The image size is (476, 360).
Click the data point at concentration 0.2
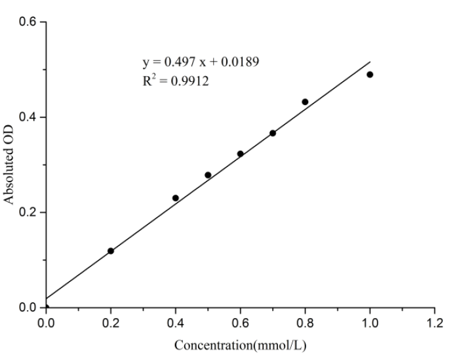pyautogui.click(x=111, y=251)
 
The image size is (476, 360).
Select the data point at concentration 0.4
pyautogui.click(x=176, y=198)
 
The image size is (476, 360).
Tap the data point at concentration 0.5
pyautogui.click(x=208, y=175)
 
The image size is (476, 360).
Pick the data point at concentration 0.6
pyautogui.click(x=240, y=153)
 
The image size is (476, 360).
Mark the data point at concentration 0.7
pyautogui.click(x=273, y=133)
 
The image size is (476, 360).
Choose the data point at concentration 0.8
pyautogui.click(x=305, y=102)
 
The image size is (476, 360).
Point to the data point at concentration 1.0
pyautogui.click(x=370, y=75)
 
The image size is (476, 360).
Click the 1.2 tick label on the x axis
pyautogui.click(x=435, y=322)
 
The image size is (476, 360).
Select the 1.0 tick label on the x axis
pyautogui.click(x=370, y=322)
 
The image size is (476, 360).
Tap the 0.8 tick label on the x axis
pyautogui.click(x=305, y=322)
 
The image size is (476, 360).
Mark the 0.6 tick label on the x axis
pyautogui.click(x=240, y=322)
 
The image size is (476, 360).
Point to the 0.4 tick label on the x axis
pyautogui.click(x=176, y=322)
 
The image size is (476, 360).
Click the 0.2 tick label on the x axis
pyautogui.click(x=111, y=322)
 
